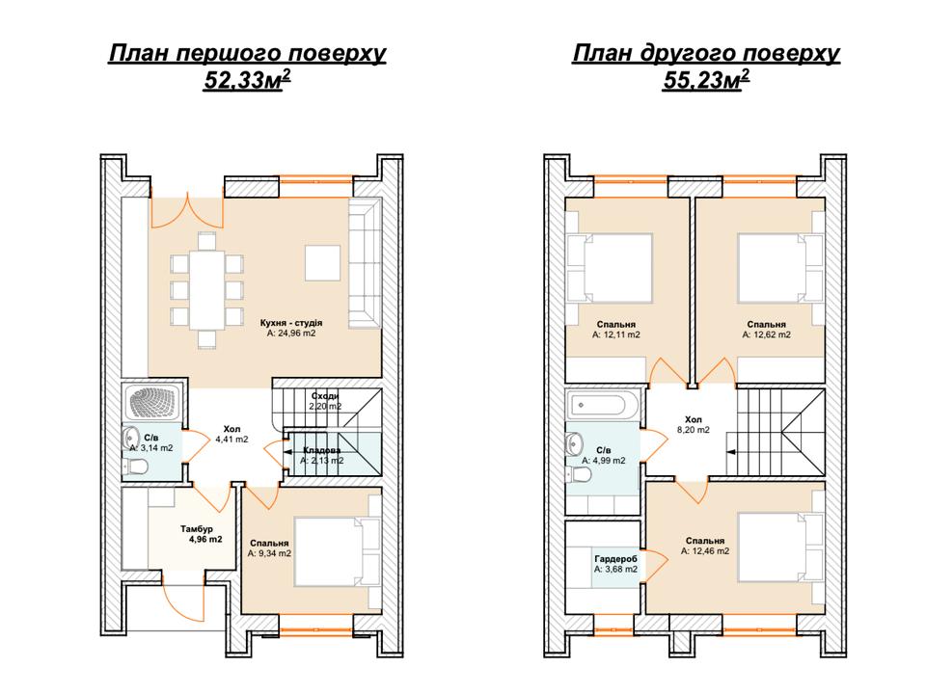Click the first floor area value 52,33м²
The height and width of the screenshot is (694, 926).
tap(247, 80)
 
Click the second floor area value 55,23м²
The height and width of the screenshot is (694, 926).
tap(706, 80)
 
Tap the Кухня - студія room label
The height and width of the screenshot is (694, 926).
tap(291, 324)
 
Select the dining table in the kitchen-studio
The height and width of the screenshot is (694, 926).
tap(206, 290)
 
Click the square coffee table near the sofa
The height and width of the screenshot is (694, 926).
tap(322, 262)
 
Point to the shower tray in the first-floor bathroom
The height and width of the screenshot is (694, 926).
tap(151, 403)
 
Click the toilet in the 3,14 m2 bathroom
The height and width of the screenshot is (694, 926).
tap(135, 467)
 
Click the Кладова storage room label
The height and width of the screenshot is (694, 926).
tap(322, 451)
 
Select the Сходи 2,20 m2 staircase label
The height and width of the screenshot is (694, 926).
tap(325, 401)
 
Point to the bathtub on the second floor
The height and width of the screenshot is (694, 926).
tap(602, 406)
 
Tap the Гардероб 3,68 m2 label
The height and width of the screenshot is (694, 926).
tap(616, 564)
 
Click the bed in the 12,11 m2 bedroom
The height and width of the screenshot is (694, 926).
tap(610, 269)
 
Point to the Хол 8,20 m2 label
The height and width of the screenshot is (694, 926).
tap(694, 425)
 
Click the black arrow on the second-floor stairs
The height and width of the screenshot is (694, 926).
tap(731, 452)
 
